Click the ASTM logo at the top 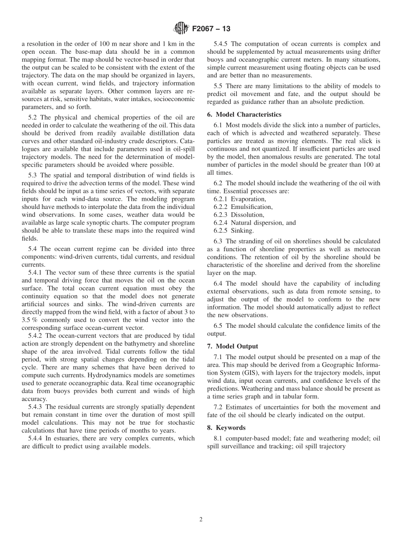(x=181, y=29)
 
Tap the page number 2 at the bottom (x=201, y=519)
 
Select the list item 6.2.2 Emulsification (x=243, y=207)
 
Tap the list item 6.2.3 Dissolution (x=239, y=215)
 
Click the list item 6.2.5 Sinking (x=234, y=231)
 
